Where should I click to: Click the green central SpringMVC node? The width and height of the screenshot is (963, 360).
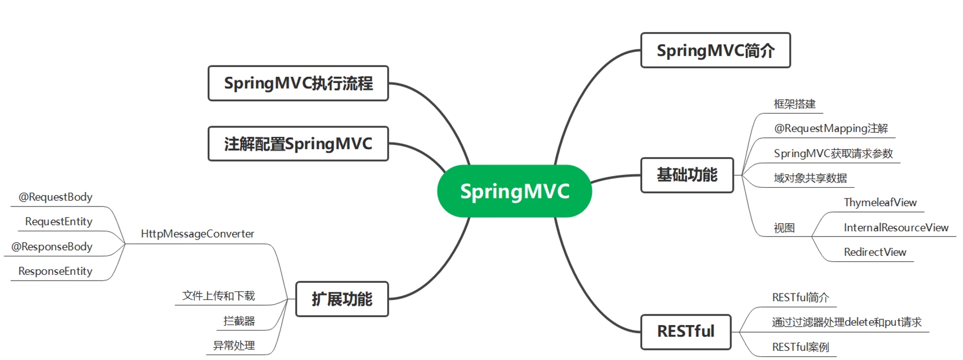point(514,191)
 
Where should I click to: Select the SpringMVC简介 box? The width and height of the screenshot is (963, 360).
point(716,50)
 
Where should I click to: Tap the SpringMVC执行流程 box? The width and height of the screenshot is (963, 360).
point(298,83)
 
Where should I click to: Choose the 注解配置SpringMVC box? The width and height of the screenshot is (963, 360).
point(298,144)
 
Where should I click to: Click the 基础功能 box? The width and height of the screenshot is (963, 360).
point(687,175)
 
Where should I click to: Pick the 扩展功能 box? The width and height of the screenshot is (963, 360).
point(342,299)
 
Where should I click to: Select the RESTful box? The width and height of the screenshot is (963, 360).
point(686,332)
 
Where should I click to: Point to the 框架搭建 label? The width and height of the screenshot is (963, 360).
point(795,104)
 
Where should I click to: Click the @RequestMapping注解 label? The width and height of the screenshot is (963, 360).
point(831,129)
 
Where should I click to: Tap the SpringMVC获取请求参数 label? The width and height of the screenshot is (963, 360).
point(833,153)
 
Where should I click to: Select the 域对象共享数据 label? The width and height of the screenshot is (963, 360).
point(810,178)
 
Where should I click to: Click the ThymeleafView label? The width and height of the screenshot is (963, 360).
point(880,203)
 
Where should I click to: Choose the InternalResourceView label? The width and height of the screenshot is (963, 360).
point(896,227)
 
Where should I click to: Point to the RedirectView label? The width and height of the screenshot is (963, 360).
point(875,252)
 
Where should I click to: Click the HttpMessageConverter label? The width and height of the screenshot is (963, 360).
point(197,234)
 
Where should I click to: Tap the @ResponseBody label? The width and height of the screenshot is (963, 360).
point(52,247)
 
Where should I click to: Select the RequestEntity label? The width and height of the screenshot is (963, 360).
point(58,222)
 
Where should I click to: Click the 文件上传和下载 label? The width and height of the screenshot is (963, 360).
point(218,296)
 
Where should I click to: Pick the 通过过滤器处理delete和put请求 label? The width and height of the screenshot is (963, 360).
point(847,322)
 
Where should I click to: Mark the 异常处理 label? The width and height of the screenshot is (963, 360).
point(234,346)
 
